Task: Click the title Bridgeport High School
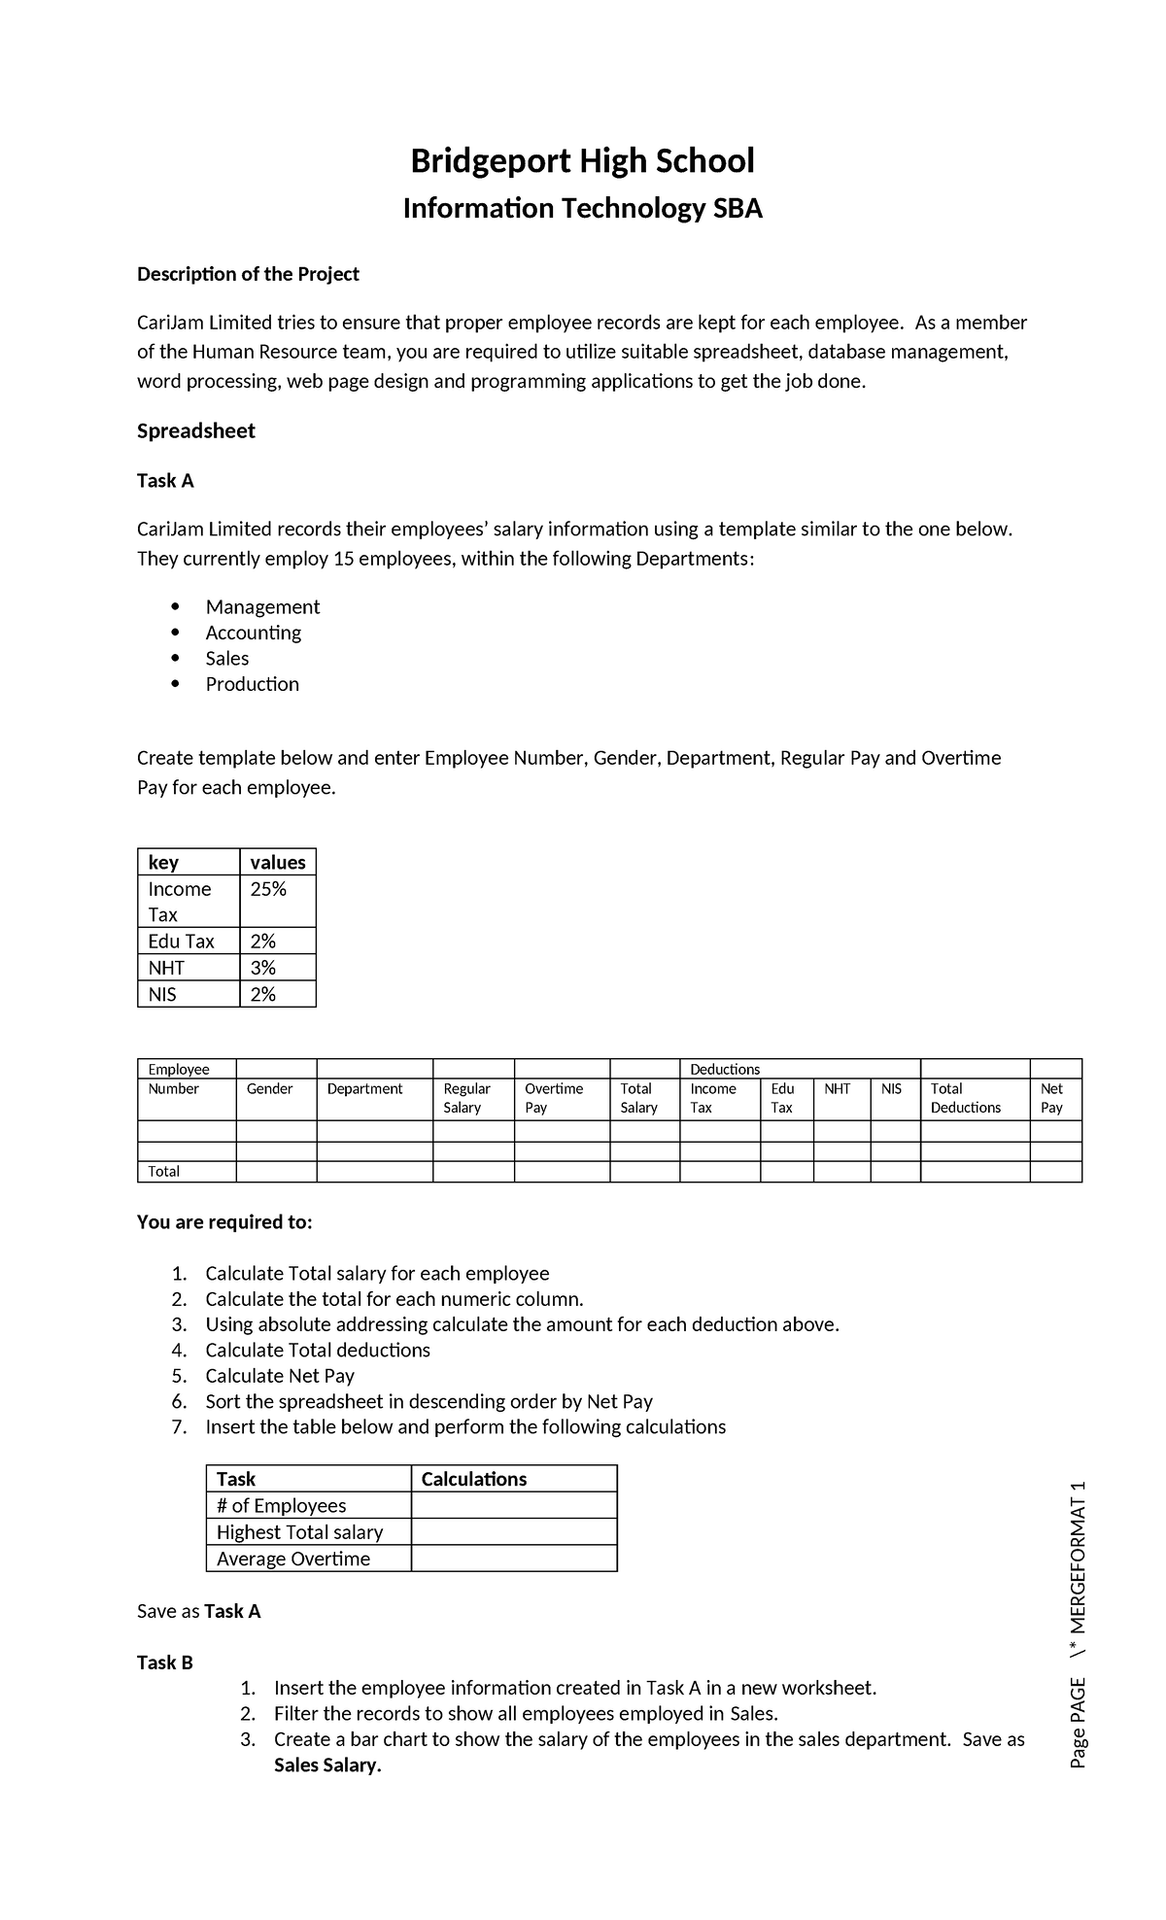pyautogui.click(x=582, y=160)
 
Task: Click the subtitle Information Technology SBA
pyautogui.click(x=582, y=209)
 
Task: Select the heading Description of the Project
pyautogui.click(x=248, y=274)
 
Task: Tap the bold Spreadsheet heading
pyautogui.click(x=195, y=430)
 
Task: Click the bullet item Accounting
pyautogui.click(x=253, y=633)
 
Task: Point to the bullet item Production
pyautogui.click(x=252, y=684)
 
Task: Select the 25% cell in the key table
pyautogui.click(x=268, y=889)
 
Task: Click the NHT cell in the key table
pyautogui.click(x=166, y=968)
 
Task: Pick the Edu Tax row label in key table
pyautogui.click(x=181, y=941)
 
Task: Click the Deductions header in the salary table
pyautogui.click(x=724, y=1069)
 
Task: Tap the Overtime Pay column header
pyautogui.click(x=553, y=1098)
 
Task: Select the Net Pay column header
pyautogui.click(x=1051, y=1098)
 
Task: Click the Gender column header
pyautogui.click(x=269, y=1089)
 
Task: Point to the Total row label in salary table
pyautogui.click(x=163, y=1172)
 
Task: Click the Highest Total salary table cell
pyautogui.click(x=299, y=1532)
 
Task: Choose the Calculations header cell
pyautogui.click(x=473, y=1479)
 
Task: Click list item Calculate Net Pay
pyautogui.click(x=280, y=1376)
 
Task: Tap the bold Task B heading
pyautogui.click(x=165, y=1663)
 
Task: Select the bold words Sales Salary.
pyautogui.click(x=327, y=1766)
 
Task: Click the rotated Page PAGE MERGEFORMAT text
pyautogui.click(x=1077, y=1626)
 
